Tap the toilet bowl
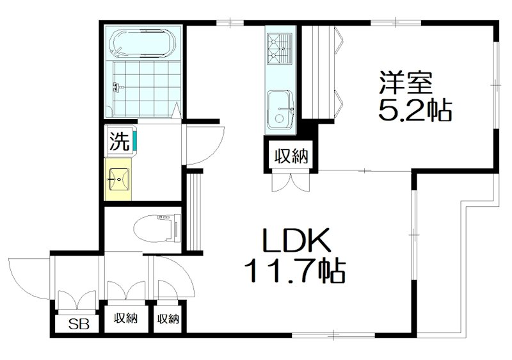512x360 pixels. click(156, 227)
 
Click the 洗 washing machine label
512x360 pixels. click(119, 141)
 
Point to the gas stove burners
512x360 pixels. click(280, 45)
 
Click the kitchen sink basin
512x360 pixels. click(279, 109)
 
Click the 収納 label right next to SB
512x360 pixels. click(126, 318)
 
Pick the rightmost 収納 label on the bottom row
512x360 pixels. click(167, 318)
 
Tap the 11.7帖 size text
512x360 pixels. click(293, 272)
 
